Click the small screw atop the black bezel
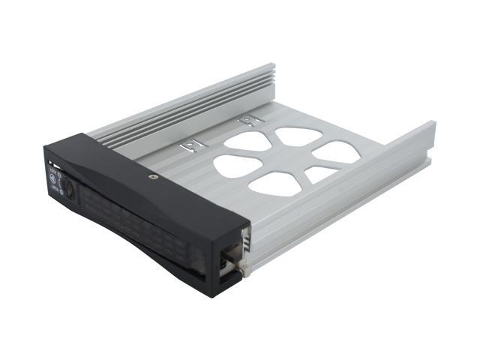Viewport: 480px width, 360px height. coord(153,177)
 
